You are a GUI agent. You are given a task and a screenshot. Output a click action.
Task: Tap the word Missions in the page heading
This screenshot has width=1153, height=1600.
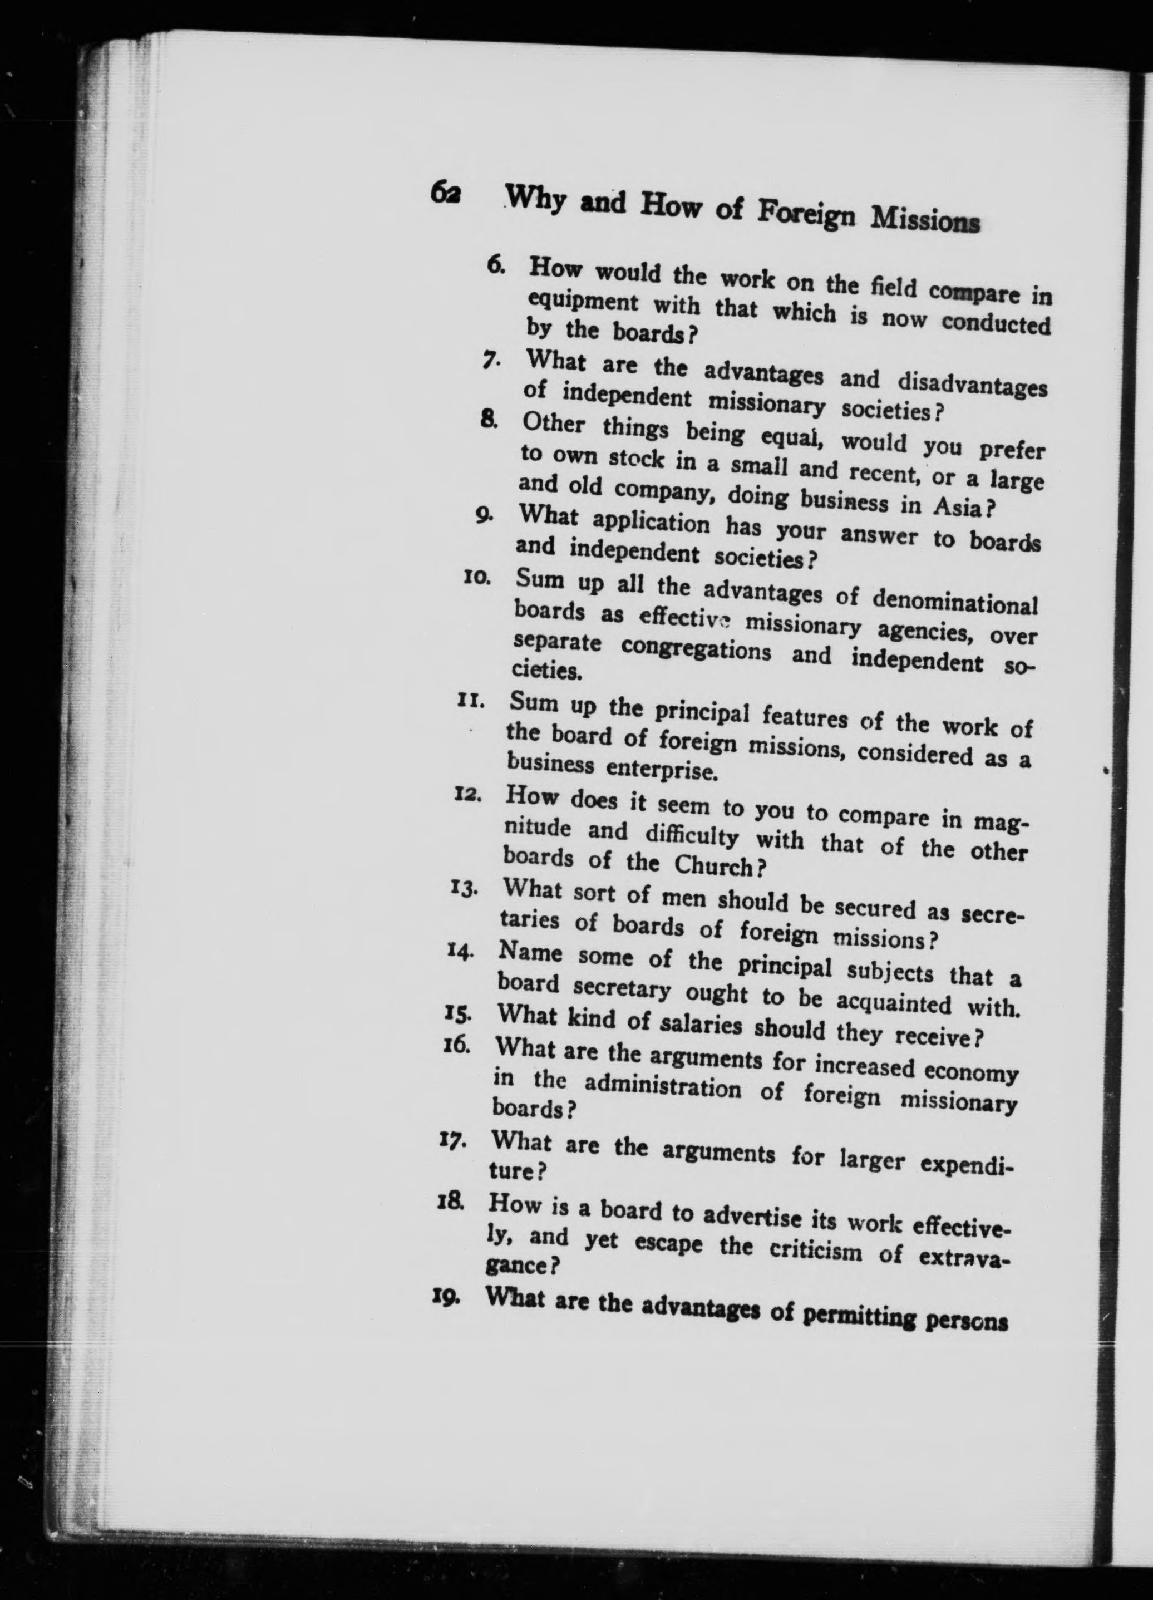point(924,221)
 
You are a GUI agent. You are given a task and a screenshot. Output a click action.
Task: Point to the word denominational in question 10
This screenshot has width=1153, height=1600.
point(955,603)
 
